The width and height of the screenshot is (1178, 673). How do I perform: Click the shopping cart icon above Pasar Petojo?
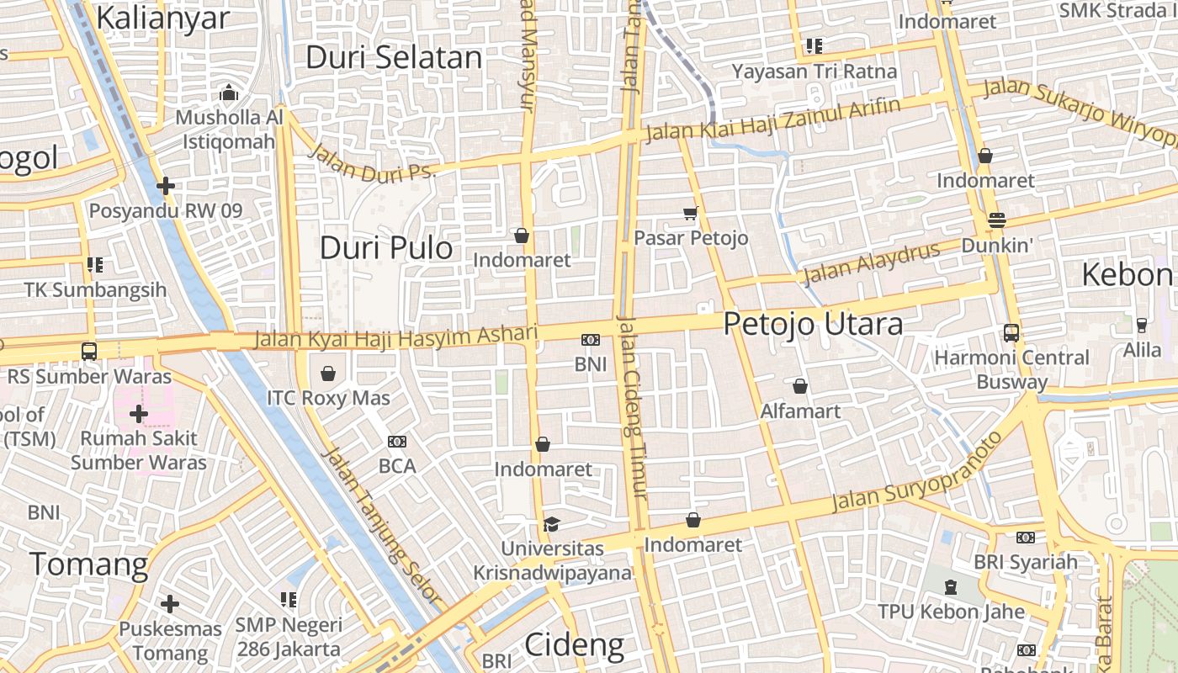coord(691,214)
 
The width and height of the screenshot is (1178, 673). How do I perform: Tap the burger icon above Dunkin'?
coord(997,220)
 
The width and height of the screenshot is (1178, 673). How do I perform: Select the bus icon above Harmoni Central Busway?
coord(1011,333)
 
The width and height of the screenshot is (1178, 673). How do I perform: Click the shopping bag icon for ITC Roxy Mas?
coord(327,373)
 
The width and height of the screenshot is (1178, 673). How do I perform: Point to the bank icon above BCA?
coord(397,442)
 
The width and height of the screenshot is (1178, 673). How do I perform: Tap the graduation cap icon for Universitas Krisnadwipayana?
coord(551,525)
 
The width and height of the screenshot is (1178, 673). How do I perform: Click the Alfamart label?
coord(800,411)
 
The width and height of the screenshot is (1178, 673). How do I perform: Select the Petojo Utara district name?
coord(813,324)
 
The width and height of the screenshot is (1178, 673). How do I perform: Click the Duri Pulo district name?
coord(386,247)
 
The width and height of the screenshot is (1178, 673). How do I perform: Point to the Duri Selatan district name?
coord(394,57)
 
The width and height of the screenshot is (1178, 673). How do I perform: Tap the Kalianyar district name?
coord(162,18)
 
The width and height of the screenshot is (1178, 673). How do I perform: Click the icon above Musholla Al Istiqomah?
coord(229,93)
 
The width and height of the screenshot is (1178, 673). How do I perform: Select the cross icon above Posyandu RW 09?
coord(166,185)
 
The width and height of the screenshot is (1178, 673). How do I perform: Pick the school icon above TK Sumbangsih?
coord(95,266)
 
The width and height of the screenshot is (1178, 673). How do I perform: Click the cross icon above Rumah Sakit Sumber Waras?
coord(139,414)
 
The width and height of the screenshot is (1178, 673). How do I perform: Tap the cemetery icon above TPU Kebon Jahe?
coord(951,587)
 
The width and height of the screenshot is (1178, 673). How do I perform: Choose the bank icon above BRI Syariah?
coord(1025,538)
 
